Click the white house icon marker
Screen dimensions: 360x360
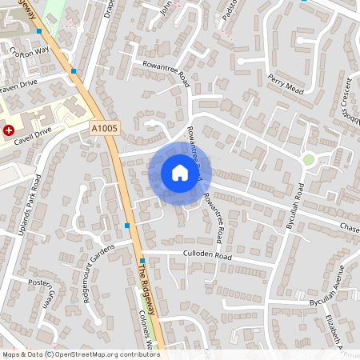point(179,173)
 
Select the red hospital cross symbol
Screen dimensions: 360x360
point(9,130)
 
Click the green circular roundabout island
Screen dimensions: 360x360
point(308,160)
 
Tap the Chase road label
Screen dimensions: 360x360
point(350,228)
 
